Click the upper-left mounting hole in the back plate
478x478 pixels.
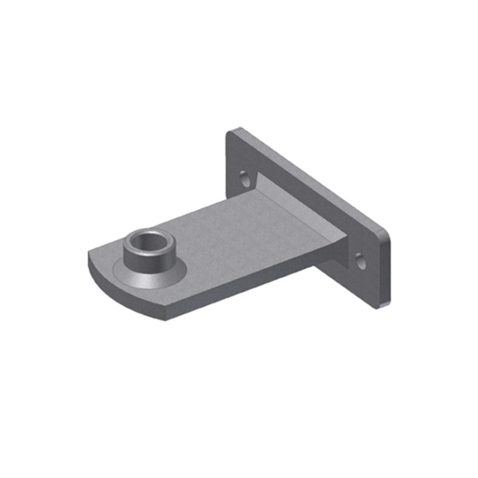[244, 178]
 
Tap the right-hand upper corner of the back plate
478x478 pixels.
[387, 233]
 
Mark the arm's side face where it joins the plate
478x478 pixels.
[332, 254]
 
